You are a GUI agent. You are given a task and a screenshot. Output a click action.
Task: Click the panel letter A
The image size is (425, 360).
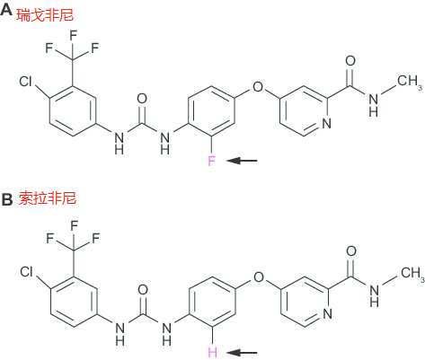6,11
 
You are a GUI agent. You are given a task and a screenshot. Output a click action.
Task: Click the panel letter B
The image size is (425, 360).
7,199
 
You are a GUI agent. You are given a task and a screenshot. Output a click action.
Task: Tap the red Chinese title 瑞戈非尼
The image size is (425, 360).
45,15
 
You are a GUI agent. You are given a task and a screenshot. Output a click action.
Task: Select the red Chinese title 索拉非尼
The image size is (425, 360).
48,198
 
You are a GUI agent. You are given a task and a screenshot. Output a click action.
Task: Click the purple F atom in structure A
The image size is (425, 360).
211,161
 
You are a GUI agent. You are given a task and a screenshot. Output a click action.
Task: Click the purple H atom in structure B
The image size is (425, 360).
212,352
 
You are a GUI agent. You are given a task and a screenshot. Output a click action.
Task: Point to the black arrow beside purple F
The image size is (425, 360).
242,161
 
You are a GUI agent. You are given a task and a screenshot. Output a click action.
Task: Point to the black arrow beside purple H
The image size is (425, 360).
242,353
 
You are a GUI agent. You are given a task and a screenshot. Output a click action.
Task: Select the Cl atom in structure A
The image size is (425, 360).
25,81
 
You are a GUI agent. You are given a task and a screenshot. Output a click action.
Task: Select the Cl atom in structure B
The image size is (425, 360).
26,272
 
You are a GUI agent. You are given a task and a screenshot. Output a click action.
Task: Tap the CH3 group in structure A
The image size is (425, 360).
410,82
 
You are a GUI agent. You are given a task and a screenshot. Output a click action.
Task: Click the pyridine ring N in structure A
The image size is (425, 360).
327,123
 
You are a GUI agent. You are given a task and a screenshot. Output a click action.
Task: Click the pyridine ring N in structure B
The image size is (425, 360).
328,314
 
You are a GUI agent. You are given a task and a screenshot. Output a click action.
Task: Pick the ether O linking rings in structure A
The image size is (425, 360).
258,87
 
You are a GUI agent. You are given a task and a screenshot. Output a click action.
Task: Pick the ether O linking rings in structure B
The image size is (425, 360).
259,277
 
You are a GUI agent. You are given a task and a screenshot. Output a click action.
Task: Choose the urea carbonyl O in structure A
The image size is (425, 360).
142,99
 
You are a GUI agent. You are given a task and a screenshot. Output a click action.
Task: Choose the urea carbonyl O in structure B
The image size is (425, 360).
143,290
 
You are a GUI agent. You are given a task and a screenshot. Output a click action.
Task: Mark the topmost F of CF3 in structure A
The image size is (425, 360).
74,35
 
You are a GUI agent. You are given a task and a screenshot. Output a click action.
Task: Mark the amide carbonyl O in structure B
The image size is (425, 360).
351,251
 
